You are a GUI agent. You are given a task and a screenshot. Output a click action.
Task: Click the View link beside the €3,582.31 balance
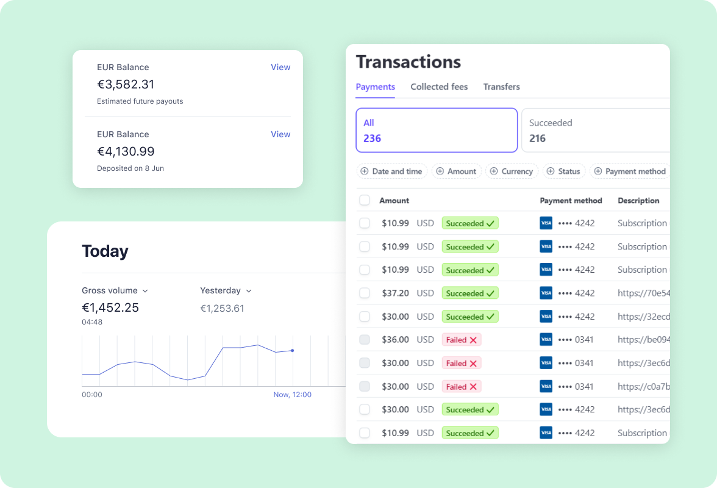(280, 67)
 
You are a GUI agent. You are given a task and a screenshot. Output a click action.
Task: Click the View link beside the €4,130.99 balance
(280, 134)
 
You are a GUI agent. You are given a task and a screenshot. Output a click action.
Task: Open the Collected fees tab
(439, 87)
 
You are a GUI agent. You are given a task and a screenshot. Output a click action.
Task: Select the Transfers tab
(501, 87)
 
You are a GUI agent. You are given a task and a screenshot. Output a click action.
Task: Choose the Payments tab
(375, 87)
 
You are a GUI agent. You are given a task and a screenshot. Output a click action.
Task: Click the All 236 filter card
(436, 130)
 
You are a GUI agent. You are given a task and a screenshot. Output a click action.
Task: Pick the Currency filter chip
(512, 171)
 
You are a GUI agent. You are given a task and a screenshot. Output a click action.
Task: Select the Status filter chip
(563, 171)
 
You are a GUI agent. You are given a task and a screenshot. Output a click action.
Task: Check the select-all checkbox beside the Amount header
(365, 200)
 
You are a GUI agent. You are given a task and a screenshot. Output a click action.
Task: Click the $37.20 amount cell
(395, 293)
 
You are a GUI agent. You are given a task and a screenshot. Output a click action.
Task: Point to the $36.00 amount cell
(395, 340)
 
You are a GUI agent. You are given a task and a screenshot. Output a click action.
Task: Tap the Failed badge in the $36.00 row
(461, 340)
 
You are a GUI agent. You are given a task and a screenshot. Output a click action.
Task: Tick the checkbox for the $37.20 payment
(365, 293)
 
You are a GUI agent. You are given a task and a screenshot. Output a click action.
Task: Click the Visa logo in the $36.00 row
(546, 340)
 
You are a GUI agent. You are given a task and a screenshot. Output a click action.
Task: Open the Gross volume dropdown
(115, 291)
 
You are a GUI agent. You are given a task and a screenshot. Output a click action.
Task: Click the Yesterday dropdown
(226, 291)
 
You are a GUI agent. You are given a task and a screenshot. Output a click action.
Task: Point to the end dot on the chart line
(293, 350)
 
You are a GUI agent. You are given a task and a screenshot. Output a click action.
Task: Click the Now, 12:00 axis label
(292, 395)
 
